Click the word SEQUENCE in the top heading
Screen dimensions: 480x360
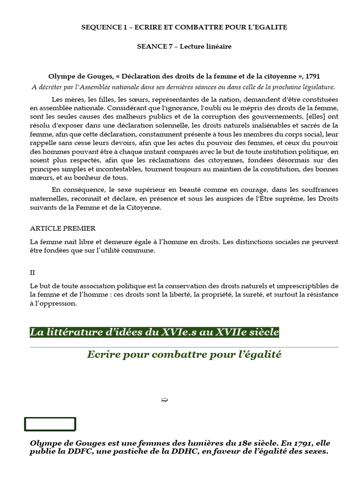[99, 27]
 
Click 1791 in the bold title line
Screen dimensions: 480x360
[312, 76]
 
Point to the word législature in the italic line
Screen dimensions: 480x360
[317, 87]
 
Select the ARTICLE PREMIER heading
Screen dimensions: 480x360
[63, 228]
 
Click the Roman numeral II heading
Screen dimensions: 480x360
[32, 272]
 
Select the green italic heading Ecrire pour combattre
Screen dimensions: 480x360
[184, 355]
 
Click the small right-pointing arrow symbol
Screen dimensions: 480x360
[164, 400]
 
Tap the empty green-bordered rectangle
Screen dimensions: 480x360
[50, 424]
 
